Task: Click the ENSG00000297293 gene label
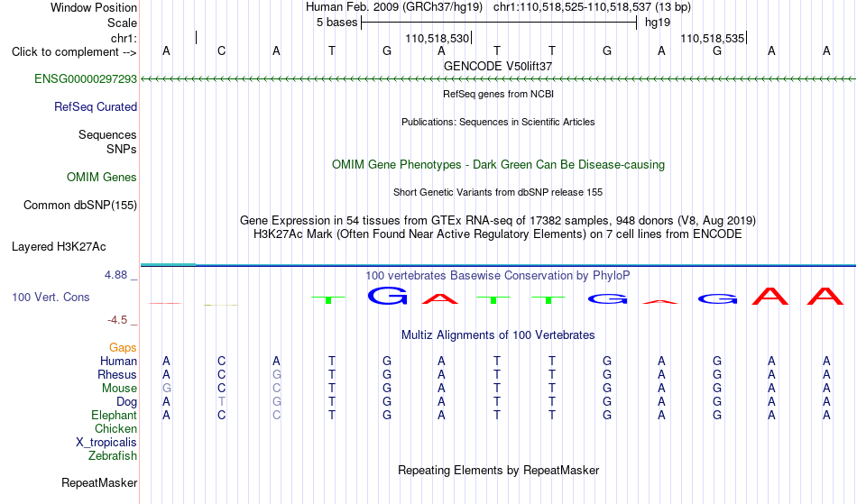(86, 78)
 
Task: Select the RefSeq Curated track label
(96, 106)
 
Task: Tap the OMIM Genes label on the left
(102, 177)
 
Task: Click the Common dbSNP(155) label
(80, 205)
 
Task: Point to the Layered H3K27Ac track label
(59, 246)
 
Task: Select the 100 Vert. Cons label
(51, 297)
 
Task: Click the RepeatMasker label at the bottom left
(99, 482)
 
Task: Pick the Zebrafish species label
(113, 455)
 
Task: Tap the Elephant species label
(115, 415)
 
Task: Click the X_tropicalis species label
(106, 443)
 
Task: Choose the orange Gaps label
(123, 347)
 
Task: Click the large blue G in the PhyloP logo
(388, 296)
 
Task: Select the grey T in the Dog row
(221, 401)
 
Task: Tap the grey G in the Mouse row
(167, 389)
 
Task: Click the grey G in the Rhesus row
(277, 374)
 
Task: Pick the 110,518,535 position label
(712, 38)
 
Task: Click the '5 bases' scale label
(336, 23)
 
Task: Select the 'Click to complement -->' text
(74, 52)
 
